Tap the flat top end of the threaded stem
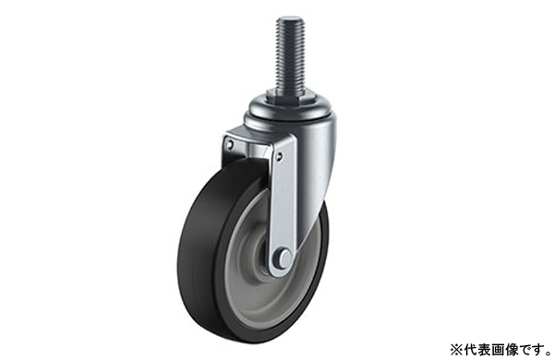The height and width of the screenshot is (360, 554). (290, 18)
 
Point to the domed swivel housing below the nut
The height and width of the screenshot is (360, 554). (291, 112)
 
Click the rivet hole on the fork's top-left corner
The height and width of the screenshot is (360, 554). (230, 144)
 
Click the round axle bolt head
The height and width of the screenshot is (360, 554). (284, 258)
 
